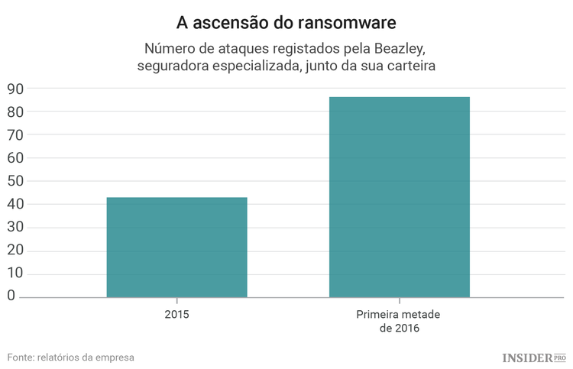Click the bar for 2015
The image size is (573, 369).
(x=176, y=247)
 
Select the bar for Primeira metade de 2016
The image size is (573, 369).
(x=399, y=196)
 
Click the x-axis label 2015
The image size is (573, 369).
(x=176, y=314)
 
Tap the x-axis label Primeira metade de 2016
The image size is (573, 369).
(x=399, y=321)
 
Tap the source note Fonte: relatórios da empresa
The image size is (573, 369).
(x=71, y=357)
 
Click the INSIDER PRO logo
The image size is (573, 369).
(x=533, y=357)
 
